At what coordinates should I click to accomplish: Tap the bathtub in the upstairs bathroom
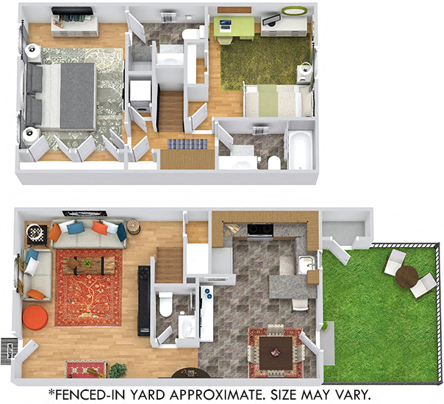click(300, 149)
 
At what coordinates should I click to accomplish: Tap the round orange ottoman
click(35, 317)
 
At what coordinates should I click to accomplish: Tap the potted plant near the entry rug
click(118, 369)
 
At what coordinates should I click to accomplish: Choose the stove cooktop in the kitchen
click(259, 230)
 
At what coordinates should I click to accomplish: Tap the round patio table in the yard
click(406, 276)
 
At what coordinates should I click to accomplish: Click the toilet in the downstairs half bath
click(167, 302)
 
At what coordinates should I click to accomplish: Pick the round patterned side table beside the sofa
click(133, 228)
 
